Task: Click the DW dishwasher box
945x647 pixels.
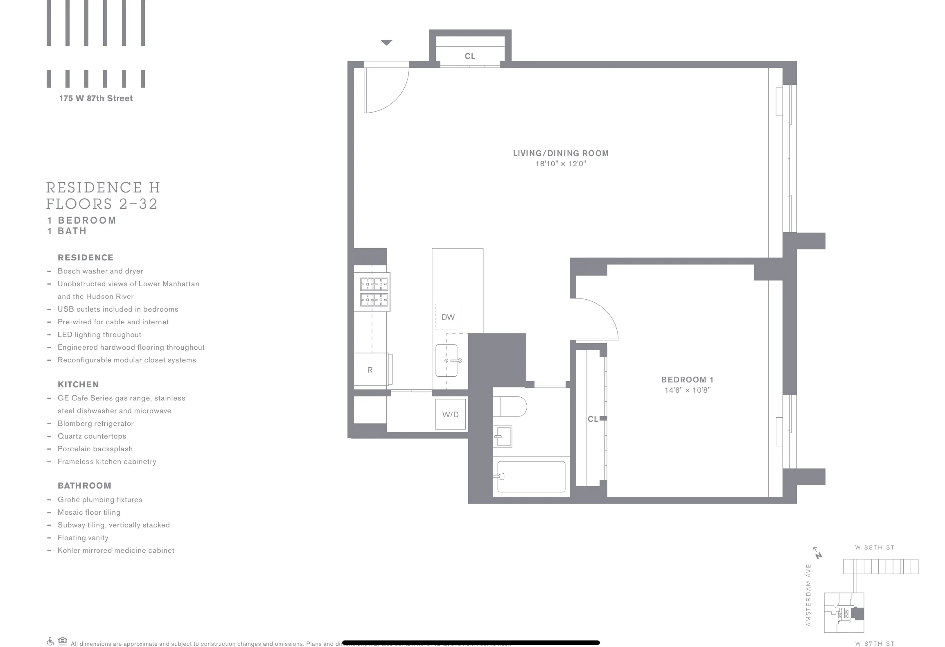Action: pos(448,317)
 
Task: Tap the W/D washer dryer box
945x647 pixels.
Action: pos(450,414)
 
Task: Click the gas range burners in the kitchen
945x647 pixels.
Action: pos(374,292)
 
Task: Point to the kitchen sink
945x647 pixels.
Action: pos(447,360)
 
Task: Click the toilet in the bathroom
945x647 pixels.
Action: pos(510,407)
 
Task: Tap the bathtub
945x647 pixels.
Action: pos(531,477)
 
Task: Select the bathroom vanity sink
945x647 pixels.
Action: pos(503,437)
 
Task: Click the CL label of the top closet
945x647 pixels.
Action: pos(470,56)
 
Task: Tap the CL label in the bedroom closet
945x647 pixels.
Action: pos(593,419)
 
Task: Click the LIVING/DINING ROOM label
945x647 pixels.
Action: pos(561,153)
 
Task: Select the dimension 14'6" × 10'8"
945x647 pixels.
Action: pos(688,390)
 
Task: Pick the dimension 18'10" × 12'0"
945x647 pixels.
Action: pos(561,164)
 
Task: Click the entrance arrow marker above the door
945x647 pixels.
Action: pos(386,43)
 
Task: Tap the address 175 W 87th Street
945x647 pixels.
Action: pos(96,98)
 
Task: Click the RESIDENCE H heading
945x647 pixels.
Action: pos(103,188)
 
